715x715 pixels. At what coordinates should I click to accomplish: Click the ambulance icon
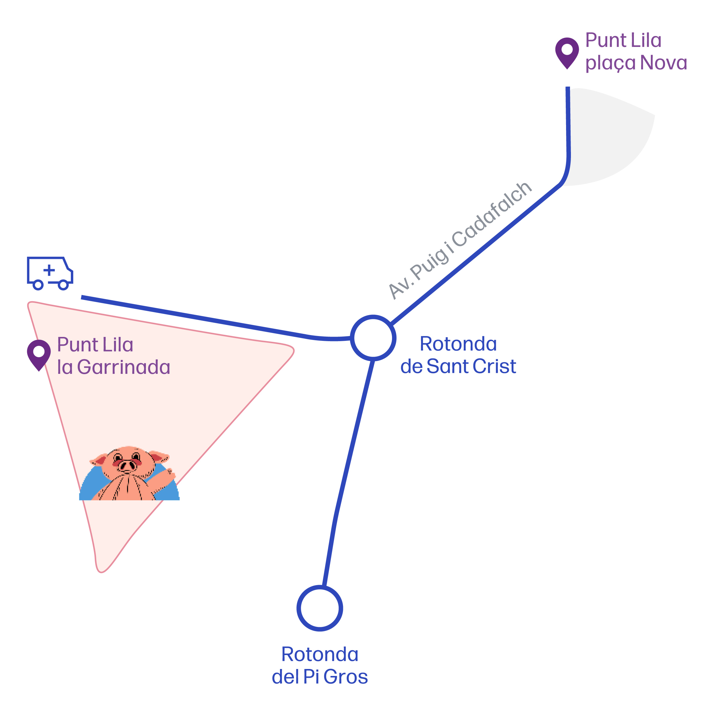pyautogui.click(x=50, y=273)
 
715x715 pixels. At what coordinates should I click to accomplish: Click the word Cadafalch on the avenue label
pyautogui.click(x=492, y=215)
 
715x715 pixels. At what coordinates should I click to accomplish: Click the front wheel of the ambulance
pyautogui.click(x=63, y=285)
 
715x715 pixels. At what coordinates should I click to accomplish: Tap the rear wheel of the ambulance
pyautogui.click(x=38, y=285)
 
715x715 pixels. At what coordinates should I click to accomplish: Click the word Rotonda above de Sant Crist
pyautogui.click(x=458, y=344)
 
